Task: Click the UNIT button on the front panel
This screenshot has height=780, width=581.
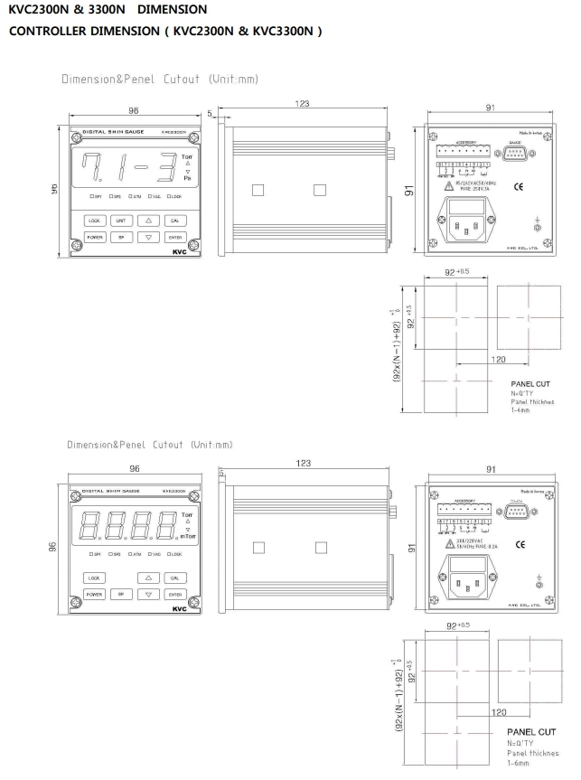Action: pos(119,220)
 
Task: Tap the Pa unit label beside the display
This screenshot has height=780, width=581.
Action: pos(187,179)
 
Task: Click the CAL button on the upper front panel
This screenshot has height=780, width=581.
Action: pos(175,220)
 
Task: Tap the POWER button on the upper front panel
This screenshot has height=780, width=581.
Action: pos(94,237)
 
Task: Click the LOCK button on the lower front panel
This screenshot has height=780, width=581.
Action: pos(94,577)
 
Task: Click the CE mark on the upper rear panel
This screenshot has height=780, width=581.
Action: pos(518,187)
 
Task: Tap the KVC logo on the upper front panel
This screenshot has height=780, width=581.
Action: pos(177,252)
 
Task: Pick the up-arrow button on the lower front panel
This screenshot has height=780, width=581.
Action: pos(148,577)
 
